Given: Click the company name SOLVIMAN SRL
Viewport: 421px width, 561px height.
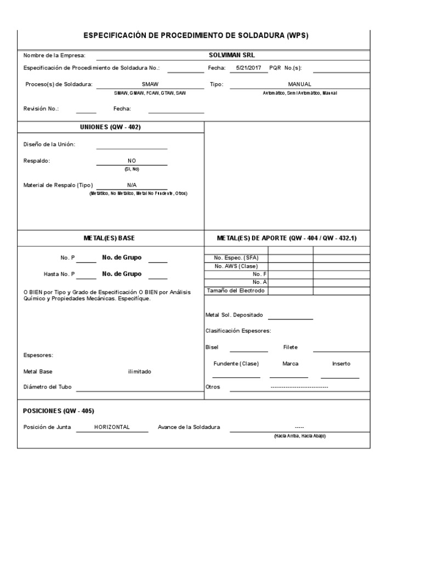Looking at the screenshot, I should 231,55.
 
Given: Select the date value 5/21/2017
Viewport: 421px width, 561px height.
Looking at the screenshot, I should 248,68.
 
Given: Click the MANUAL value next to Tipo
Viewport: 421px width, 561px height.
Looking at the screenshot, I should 299,84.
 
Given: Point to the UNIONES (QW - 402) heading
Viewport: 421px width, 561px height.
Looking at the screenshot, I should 111,127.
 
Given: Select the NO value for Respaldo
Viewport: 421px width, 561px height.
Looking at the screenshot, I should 132,161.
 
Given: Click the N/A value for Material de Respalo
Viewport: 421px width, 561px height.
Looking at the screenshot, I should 132,185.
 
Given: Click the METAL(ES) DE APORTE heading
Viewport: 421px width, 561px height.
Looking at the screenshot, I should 287,238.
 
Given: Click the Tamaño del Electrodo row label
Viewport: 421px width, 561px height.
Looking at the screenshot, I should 236,290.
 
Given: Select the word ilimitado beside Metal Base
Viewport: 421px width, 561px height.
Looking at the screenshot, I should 139,371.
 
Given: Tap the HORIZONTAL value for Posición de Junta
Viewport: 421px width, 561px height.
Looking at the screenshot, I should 112,427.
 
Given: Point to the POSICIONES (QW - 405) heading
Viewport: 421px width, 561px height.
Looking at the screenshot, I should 55,411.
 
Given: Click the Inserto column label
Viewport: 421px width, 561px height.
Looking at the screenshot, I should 341,364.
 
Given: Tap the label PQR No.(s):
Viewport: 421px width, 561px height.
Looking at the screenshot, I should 286,68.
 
